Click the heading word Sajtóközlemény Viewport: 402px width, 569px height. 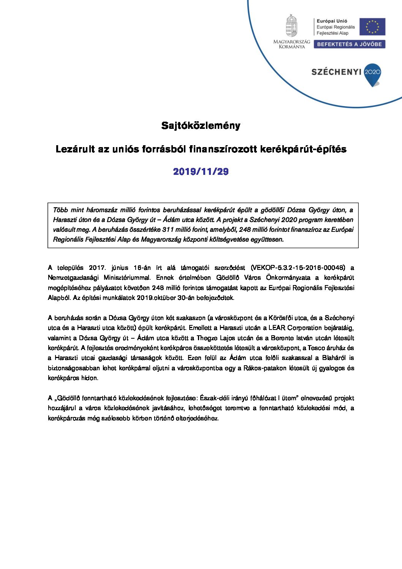pyautogui.click(x=201, y=125)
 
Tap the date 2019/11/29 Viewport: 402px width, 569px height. pyautogui.click(x=201, y=171)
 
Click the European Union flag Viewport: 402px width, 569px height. pyautogui.click(x=372, y=27)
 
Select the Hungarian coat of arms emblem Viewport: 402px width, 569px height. pyautogui.click(x=291, y=26)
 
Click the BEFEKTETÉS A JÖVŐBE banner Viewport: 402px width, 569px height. pyautogui.click(x=349, y=44)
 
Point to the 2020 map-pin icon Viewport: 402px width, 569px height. pyautogui.click(x=372, y=74)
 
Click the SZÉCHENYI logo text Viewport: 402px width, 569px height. pyautogui.click(x=336, y=72)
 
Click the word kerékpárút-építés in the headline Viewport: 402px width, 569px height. pyautogui.click(x=303, y=149)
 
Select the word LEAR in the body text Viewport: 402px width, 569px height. pyautogui.click(x=277, y=328)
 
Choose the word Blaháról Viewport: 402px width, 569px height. pyautogui.click(x=333, y=358)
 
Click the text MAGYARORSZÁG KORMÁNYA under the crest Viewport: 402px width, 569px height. pyautogui.click(x=292, y=44)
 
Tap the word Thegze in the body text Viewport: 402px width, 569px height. pyautogui.click(x=207, y=338)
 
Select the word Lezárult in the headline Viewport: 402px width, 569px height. pyautogui.click(x=75, y=149)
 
